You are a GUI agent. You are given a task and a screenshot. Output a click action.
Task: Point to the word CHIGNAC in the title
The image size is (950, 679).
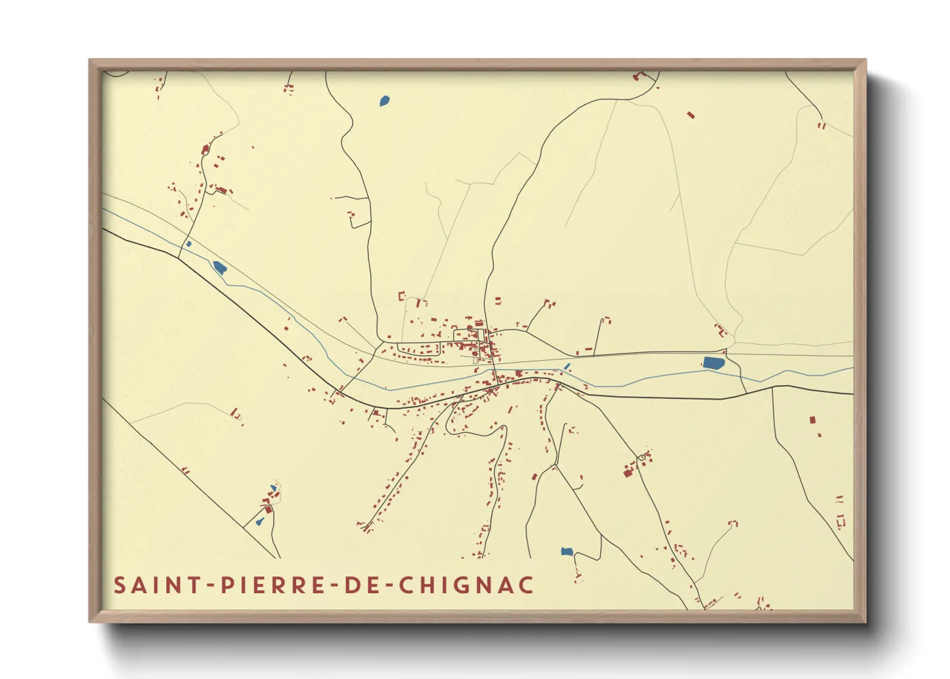point(466,585)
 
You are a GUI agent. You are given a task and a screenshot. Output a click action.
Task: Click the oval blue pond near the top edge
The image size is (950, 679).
point(384,101)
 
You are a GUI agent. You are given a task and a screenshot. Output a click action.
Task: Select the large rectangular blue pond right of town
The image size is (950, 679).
point(713,363)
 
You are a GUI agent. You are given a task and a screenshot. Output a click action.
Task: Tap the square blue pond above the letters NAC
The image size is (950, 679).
point(567,551)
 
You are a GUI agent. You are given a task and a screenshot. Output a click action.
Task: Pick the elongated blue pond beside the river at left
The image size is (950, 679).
point(220,268)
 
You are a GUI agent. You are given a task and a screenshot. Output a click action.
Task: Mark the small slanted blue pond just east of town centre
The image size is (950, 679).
point(566,367)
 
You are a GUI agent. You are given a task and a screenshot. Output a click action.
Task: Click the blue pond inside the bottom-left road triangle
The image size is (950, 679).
point(260,522)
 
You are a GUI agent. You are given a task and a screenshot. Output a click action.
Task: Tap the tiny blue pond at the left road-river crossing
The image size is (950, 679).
point(188,244)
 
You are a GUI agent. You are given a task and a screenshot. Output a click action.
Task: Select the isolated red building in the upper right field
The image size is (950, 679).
point(691,116)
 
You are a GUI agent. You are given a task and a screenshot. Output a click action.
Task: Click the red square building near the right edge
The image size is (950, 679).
point(812,420)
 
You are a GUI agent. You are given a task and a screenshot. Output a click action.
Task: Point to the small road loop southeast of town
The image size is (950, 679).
point(641,457)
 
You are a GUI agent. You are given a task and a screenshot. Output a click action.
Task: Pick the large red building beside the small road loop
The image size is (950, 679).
point(628,472)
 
